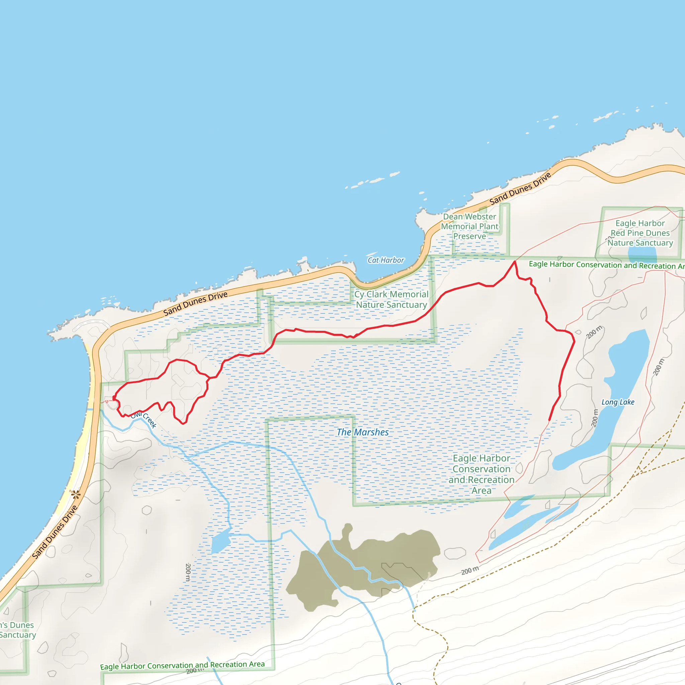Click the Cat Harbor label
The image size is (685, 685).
coord(386,260)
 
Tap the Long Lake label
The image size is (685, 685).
coord(618,402)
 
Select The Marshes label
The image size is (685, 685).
coord(362,432)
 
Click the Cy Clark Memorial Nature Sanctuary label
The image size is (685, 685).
coord(391,300)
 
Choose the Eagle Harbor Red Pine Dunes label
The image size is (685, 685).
coord(640,233)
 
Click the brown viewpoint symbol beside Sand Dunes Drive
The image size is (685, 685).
coord(76,494)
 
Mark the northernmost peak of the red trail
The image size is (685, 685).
coord(514,262)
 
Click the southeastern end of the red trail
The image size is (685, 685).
coord(549,420)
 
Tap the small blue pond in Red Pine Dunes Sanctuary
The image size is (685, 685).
coord(642,254)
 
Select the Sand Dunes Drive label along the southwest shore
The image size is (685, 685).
coord(55,532)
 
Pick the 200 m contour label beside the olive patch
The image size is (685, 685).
coord(470,571)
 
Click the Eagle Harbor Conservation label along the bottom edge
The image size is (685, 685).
coord(182,666)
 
